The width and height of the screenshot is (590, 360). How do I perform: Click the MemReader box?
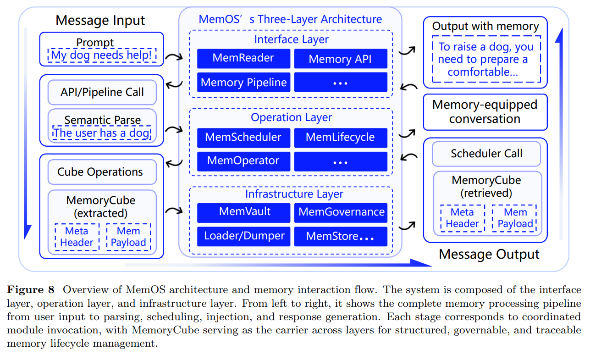243,58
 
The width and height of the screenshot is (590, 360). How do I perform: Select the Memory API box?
341,59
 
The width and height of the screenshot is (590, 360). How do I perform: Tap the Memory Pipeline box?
243,83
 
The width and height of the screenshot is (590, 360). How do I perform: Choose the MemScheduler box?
243,138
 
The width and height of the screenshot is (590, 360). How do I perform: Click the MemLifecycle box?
341,138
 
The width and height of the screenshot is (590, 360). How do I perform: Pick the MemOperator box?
243,161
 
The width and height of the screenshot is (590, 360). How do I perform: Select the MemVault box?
243,212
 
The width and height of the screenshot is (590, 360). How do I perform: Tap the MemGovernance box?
341,212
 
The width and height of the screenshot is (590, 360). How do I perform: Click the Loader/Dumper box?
243,236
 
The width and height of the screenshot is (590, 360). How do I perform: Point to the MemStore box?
341,237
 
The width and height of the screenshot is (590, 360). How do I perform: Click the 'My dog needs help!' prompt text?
101,55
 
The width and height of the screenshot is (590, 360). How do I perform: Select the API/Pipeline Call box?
102,92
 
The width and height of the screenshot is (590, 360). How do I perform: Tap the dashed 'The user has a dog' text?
102,133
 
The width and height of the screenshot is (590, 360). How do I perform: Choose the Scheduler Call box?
486,154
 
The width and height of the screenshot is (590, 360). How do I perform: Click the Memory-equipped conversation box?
485,112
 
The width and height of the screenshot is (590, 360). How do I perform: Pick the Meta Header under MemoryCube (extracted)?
77,237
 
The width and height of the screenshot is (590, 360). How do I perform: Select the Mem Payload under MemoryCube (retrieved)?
515,218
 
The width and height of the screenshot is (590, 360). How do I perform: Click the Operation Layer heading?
291,117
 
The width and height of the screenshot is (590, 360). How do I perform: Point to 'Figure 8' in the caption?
30,290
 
